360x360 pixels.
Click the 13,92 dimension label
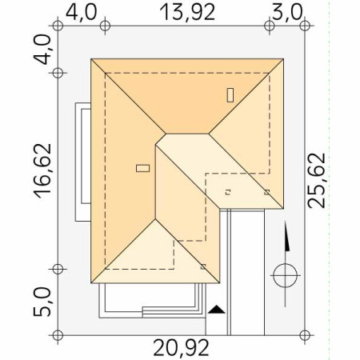pos(187,13)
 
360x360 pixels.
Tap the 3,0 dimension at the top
pos(287,13)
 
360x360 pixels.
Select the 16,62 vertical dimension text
pos(43,171)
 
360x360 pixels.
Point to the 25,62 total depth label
pos(317,181)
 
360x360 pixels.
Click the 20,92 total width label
pos(181,349)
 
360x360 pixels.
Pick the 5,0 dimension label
pos(42,302)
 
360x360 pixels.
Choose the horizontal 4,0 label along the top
pos(81,13)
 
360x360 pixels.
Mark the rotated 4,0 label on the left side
pos(42,50)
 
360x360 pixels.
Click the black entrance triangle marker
pos(217,310)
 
